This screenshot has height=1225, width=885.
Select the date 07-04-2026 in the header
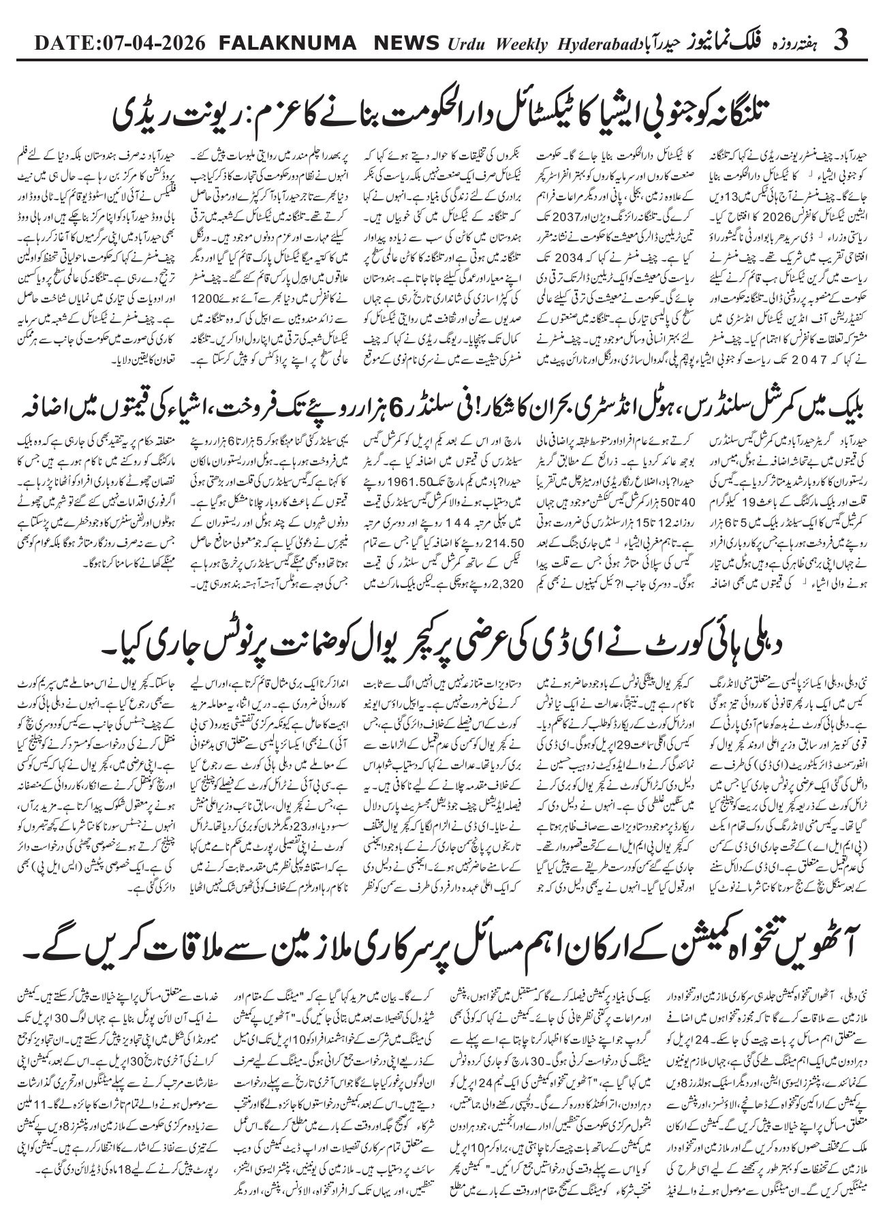(x=155, y=42)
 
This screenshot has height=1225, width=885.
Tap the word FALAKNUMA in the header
(x=288, y=42)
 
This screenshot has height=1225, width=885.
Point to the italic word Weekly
(x=518, y=44)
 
